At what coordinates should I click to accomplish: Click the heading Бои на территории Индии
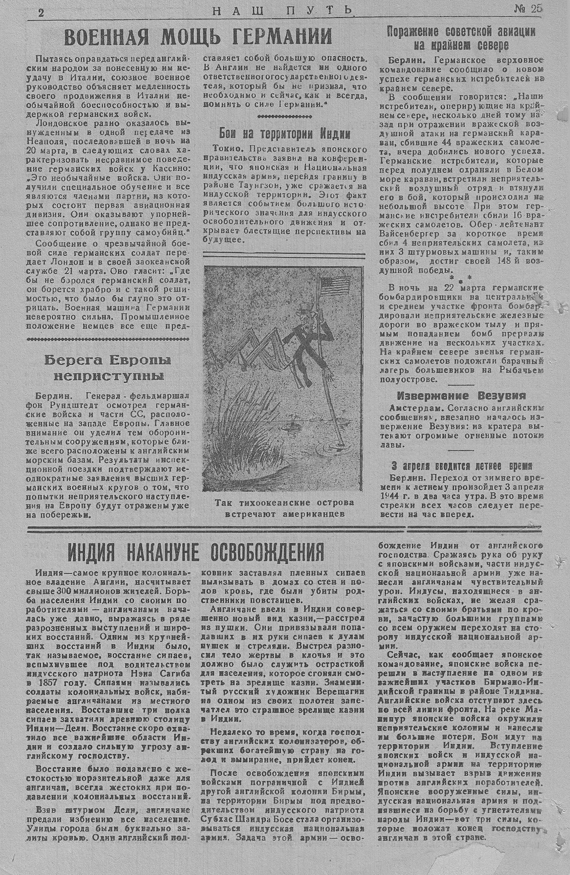pos(285,133)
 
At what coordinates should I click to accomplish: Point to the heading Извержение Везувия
pos(461,396)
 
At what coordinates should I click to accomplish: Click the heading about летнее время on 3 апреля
pos(461,464)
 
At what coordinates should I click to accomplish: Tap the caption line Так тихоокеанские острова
pos(284,502)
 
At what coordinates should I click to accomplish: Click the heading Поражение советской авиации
pos(461,31)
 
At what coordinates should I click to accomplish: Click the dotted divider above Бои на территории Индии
pos(285,116)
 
